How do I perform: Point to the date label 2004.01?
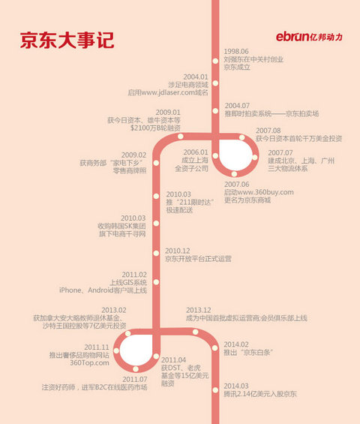pyautogui.click(x=195, y=76)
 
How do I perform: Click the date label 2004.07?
pyautogui.click(x=237, y=104)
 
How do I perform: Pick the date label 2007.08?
pyautogui.click(x=268, y=129)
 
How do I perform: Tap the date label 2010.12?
pyautogui.click(x=178, y=250)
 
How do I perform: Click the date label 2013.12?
pyautogui.click(x=199, y=309)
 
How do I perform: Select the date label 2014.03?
pyautogui.click(x=236, y=384)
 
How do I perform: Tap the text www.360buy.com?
pyautogui.click(x=264, y=192)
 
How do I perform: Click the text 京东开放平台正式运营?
pyautogui.click(x=198, y=259)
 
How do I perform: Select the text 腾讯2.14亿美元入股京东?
pyautogui.click(x=259, y=393)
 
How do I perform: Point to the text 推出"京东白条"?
pyautogui.click(x=248, y=352)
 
